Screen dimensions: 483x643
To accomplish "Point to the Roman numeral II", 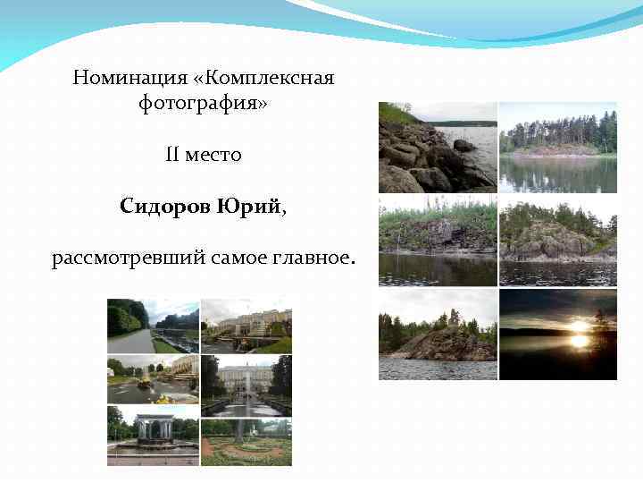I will pos(172,155).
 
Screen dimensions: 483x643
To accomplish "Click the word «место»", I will pos(213,156).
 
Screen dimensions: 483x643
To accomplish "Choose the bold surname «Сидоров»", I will pos(165,207).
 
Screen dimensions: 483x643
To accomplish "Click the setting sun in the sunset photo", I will pos(580,326).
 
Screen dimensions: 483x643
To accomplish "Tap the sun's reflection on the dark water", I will pos(580,342).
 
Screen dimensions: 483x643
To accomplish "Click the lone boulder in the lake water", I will pos(463,145).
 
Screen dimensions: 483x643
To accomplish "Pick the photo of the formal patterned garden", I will pos(246,443).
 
